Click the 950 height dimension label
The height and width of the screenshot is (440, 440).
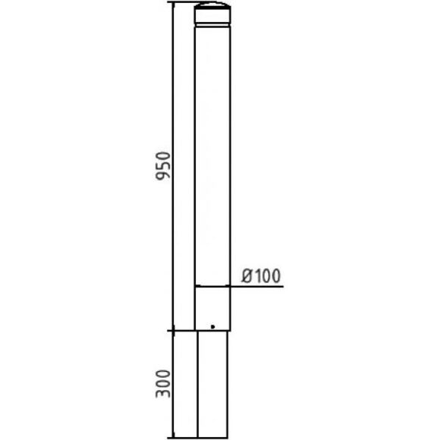[x=163, y=165]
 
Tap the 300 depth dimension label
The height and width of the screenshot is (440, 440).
[x=163, y=384]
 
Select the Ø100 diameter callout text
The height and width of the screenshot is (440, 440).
[x=261, y=276]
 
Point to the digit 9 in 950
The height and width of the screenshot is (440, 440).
[x=163, y=175]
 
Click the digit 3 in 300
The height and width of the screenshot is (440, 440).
[x=163, y=393]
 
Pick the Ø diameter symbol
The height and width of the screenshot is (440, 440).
[x=247, y=276]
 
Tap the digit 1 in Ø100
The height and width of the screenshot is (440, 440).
[x=256, y=276]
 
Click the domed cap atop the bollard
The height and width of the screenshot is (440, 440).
[x=212, y=13]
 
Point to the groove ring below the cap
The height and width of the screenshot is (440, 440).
[x=212, y=25]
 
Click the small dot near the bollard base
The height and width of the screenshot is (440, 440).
[x=212, y=327]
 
